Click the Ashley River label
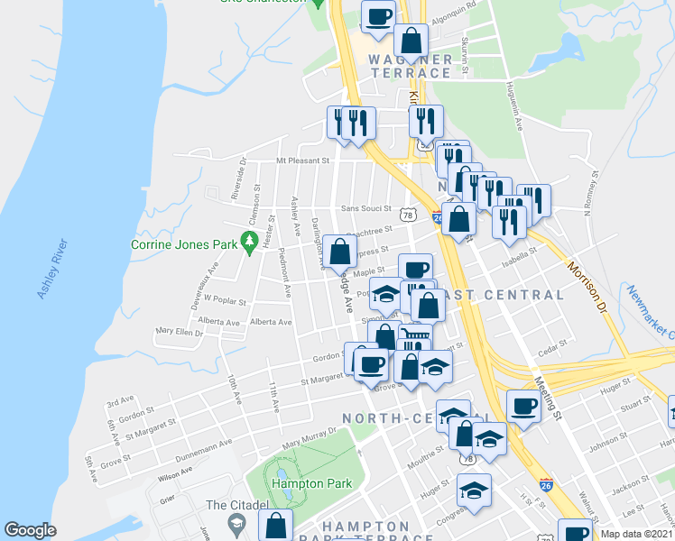(x=51, y=270)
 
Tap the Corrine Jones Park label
(x=183, y=244)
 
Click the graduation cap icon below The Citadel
(x=236, y=523)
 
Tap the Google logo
(x=30, y=530)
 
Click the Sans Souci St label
(x=365, y=208)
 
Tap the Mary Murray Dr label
(x=307, y=439)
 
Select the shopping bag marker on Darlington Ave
(x=340, y=252)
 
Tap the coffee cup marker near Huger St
(x=523, y=406)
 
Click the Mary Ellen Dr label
(x=180, y=332)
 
